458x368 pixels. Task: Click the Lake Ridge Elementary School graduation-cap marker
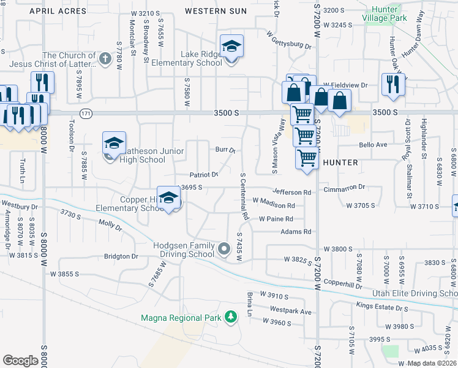[232, 48]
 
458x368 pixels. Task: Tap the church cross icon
[105, 59]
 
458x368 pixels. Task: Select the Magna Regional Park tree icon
[231, 317]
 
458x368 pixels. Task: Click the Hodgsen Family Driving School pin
[224, 248]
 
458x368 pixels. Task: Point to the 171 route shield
[86, 113]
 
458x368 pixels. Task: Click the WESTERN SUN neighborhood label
[216, 11]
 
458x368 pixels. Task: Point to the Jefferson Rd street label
[292, 192]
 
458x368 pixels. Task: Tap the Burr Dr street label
[225, 150]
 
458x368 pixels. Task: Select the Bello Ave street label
[374, 145]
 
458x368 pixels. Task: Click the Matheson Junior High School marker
[114, 144]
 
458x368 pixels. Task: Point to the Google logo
[21, 360]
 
